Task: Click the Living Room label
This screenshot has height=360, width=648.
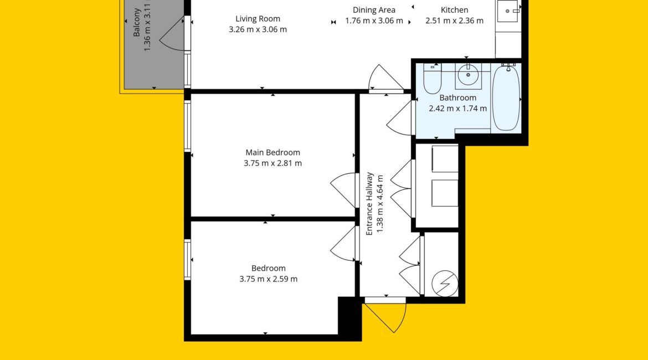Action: [x=258, y=19]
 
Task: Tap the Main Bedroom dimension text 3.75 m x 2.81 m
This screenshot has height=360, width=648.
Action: [x=272, y=163]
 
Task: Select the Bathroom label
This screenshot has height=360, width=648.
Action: [x=457, y=98]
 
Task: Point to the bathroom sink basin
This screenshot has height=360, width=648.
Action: [x=468, y=75]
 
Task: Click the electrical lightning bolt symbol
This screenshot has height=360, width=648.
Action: [x=445, y=284]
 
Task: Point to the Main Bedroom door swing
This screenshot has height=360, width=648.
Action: [x=343, y=190]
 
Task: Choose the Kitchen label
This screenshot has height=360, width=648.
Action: [x=455, y=10]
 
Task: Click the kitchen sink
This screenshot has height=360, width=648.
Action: [x=508, y=11]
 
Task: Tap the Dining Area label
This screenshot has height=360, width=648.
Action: [x=374, y=10]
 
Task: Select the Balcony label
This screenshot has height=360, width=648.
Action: [x=137, y=22]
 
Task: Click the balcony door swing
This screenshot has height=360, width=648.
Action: [x=172, y=34]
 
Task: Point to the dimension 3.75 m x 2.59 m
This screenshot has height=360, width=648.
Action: [x=269, y=279]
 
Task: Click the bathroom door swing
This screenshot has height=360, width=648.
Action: [x=399, y=118]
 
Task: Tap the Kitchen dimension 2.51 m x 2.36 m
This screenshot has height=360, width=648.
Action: [x=455, y=20]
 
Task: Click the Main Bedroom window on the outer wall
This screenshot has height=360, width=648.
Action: [x=187, y=126]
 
